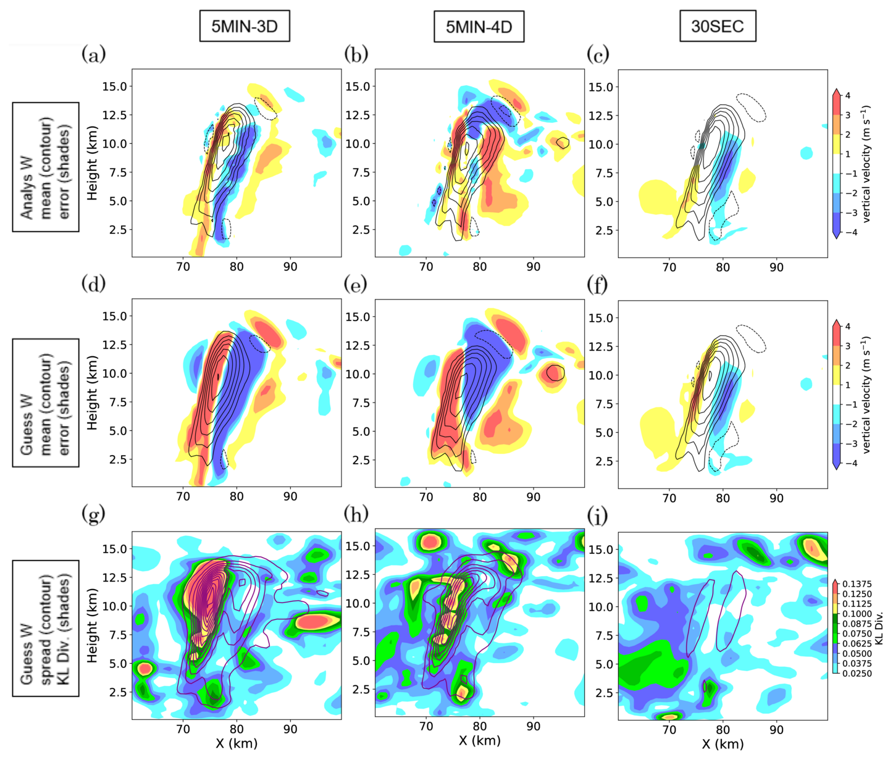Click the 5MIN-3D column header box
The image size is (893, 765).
click(245, 27)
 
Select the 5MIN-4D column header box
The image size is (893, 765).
click(479, 27)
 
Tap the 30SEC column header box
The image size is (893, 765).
click(717, 27)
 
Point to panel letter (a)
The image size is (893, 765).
click(94, 54)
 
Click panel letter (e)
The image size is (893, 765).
click(356, 285)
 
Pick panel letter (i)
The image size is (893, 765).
click(598, 515)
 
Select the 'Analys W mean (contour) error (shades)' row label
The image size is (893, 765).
click(46, 167)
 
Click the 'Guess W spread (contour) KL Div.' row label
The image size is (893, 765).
click(46, 628)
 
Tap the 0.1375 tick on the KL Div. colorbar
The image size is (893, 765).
click(857, 584)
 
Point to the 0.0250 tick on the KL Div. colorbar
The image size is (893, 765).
click(857, 673)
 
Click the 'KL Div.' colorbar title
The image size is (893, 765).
click(879, 628)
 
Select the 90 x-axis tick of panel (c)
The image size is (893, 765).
click(776, 267)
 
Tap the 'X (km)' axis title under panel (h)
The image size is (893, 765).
click(479, 740)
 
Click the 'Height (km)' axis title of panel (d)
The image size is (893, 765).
click(93, 393)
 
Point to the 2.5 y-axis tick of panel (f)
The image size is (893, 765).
click(604, 461)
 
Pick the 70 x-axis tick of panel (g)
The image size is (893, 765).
click(183, 729)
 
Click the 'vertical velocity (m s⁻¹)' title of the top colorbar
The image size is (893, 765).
click(867, 164)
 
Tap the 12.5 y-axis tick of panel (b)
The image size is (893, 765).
click(358, 115)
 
